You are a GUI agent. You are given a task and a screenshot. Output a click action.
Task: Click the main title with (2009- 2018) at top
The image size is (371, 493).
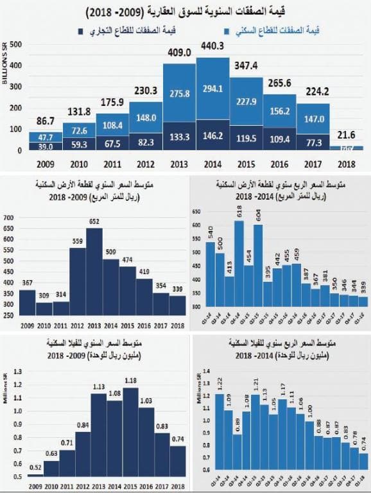point(185,11)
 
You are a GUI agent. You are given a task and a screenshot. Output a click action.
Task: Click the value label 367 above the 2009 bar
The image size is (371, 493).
point(27,282)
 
